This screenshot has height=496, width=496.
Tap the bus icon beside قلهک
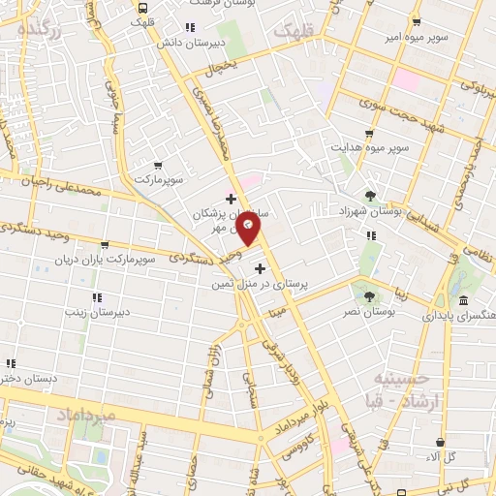pyautogui.click(x=142, y=7)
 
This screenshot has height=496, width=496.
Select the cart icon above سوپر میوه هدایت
pyautogui.click(x=368, y=135)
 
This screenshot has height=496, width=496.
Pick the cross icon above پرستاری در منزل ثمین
pyautogui.click(x=258, y=266)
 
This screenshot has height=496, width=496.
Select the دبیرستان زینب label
pyautogui.click(x=97, y=311)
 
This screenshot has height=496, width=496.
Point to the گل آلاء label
pyautogui.click(x=445, y=455)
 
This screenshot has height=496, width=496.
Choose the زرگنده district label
pyautogui.click(x=39, y=29)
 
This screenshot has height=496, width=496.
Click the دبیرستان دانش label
pyautogui.click(x=219, y=43)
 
